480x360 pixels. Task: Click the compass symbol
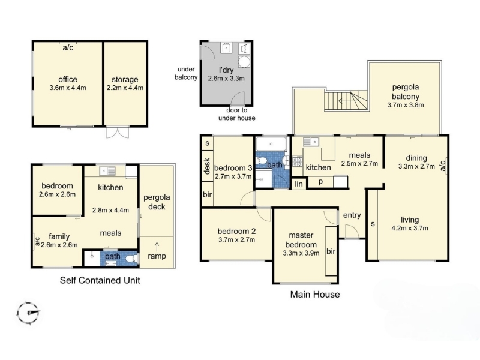click(x=28, y=313)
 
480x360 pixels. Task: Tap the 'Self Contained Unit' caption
click(x=100, y=280)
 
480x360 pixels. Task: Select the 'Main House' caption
click(x=314, y=294)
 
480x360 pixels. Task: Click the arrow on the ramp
click(x=157, y=247)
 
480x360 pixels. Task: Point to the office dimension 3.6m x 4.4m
click(x=68, y=88)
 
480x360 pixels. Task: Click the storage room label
click(x=125, y=80)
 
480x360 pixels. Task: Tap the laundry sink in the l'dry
click(x=226, y=48)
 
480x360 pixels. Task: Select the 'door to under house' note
click(x=236, y=114)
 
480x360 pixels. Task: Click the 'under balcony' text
click(x=186, y=73)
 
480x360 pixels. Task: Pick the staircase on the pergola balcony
click(x=346, y=101)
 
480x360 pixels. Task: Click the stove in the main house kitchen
click(x=297, y=161)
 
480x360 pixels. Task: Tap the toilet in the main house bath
click(x=262, y=160)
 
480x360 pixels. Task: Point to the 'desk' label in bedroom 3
click(x=207, y=166)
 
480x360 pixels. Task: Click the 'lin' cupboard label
click(x=298, y=184)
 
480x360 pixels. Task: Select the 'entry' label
click(x=352, y=215)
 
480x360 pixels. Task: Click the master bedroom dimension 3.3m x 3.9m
click(x=301, y=253)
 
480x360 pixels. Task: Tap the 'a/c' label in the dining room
click(x=443, y=166)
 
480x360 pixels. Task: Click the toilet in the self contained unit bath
click(x=131, y=259)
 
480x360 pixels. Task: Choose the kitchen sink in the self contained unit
click(x=107, y=171)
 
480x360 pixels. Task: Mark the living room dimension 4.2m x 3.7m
click(x=410, y=228)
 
